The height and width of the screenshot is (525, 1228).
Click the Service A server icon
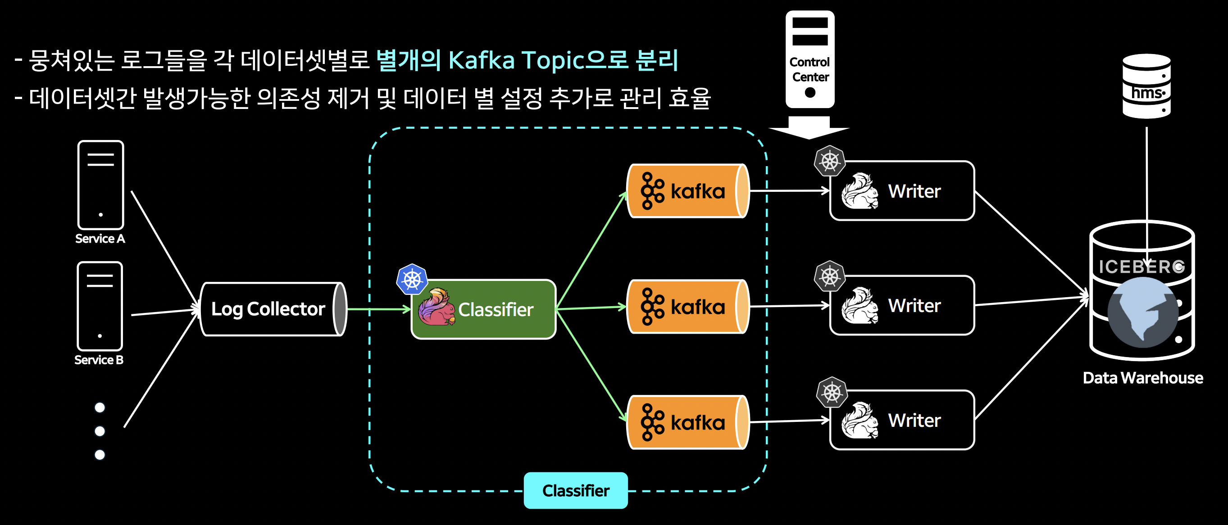point(100,185)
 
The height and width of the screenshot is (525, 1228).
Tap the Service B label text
point(99,360)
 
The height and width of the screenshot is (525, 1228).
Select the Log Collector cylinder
point(273,309)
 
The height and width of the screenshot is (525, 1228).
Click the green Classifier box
point(483,310)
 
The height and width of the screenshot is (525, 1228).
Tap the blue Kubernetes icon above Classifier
point(412,279)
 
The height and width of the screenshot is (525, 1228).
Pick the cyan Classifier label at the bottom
point(575,490)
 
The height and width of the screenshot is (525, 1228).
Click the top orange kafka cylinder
point(687,191)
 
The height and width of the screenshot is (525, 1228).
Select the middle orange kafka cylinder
point(687,307)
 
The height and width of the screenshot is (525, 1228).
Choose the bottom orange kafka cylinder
point(687,422)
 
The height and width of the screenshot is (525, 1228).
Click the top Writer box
point(902,191)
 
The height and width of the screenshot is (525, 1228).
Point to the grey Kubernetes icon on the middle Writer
point(829,276)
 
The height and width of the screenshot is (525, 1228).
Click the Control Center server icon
point(810,59)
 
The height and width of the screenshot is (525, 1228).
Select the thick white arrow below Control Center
point(809,128)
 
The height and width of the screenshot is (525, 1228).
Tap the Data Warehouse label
point(1143,378)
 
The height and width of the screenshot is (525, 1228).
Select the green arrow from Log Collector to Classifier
point(378,310)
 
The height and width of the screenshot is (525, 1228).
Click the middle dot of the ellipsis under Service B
point(100,431)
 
